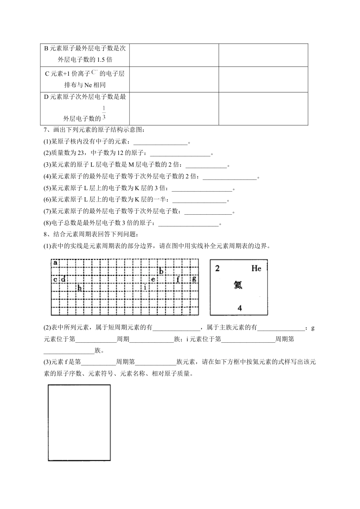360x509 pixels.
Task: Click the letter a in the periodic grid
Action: (x=55, y=262)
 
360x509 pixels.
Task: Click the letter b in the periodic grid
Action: (x=161, y=271)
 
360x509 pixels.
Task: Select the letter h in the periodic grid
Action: (x=80, y=288)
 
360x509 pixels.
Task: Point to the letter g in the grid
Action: (x=194, y=279)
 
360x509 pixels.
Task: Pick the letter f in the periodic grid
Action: (x=178, y=279)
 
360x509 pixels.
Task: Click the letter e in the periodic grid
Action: (x=153, y=279)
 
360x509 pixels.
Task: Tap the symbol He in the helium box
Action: (x=256, y=269)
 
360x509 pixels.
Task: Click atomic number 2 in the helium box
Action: (x=218, y=269)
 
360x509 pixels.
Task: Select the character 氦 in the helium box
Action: (x=238, y=285)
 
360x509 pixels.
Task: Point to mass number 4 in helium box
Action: (x=239, y=308)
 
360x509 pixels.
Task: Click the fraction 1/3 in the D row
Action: (x=104, y=113)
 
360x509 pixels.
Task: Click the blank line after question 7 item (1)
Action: (x=161, y=142)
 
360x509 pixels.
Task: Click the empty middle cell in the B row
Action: (x=174, y=55)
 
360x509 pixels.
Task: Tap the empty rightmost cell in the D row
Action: (x=263, y=109)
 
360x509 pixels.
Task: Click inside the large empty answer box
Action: (x=79, y=423)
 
